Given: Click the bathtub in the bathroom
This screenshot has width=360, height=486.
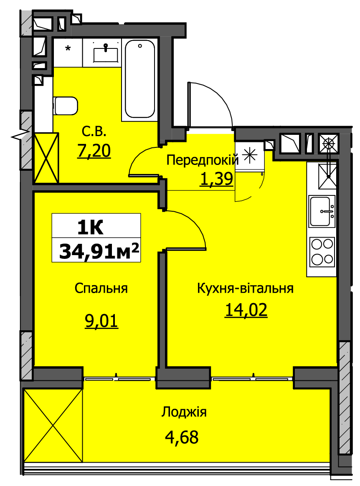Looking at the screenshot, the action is [139, 79].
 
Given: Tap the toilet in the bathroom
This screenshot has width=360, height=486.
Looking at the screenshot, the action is [66, 106].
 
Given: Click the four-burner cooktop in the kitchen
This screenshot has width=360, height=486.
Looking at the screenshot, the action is [322, 251].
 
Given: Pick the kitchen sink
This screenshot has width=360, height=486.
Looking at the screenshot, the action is [322, 211].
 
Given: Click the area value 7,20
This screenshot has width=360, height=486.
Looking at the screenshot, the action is [94, 151].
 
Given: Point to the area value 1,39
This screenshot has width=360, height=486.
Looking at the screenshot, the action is [216, 179].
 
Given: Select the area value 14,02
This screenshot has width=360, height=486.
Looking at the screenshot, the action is [246, 310].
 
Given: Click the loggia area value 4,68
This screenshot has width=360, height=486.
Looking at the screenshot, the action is [182, 437].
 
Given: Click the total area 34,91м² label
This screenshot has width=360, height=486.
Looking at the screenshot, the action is [99, 251].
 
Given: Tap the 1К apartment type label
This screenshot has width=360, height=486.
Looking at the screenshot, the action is [90, 228].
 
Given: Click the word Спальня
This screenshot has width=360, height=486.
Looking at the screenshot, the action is [101, 288].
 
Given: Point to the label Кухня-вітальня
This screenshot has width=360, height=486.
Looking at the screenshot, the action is [245, 288].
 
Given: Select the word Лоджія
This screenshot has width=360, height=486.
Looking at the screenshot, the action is [184, 412].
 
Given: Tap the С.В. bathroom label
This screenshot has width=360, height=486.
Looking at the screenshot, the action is [94, 132].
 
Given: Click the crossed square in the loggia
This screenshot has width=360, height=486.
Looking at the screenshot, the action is [53, 425].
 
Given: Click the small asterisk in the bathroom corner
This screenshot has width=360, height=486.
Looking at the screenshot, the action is [68, 48].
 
